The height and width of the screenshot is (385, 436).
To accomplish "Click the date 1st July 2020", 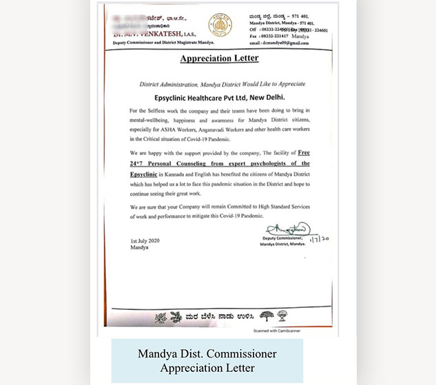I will pos(145,241).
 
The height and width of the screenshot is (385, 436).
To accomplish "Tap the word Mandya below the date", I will pos(138,248).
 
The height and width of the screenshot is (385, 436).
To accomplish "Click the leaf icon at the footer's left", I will pos(161,318).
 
